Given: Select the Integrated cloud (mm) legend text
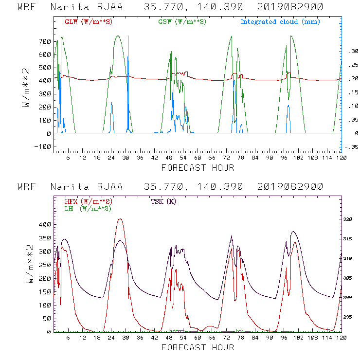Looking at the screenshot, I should [280, 22].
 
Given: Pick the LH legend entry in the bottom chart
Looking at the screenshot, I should [88, 208].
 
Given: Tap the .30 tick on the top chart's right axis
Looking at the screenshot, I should [352, 51].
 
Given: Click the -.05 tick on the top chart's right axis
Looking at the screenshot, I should [351, 146].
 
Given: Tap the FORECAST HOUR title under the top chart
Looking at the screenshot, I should [197, 168].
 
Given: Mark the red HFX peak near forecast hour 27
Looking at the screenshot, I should [120, 219].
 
